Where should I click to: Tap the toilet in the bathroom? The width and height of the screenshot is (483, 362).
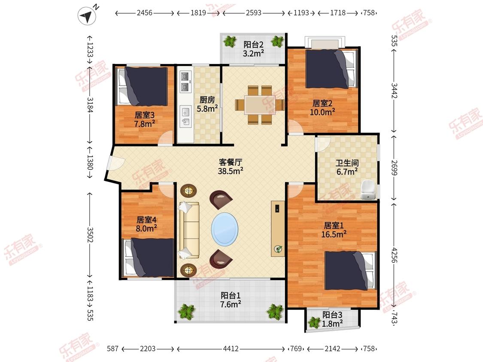368,190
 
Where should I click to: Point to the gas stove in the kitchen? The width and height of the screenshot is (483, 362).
185,81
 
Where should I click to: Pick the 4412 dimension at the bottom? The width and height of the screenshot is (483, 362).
231,349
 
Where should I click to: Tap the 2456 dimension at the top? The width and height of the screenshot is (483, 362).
144,13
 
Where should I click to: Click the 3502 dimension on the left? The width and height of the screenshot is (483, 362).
90,235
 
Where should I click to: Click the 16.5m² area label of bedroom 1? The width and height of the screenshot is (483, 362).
334,234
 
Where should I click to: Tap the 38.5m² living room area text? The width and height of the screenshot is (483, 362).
231,171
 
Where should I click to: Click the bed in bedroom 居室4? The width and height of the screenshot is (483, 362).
149,258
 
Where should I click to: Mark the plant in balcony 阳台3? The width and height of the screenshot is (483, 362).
314,322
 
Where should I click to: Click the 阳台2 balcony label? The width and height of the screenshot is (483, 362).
253,45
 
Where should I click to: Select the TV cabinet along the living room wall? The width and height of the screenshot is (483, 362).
278,229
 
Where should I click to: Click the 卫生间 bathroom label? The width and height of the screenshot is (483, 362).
347,163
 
